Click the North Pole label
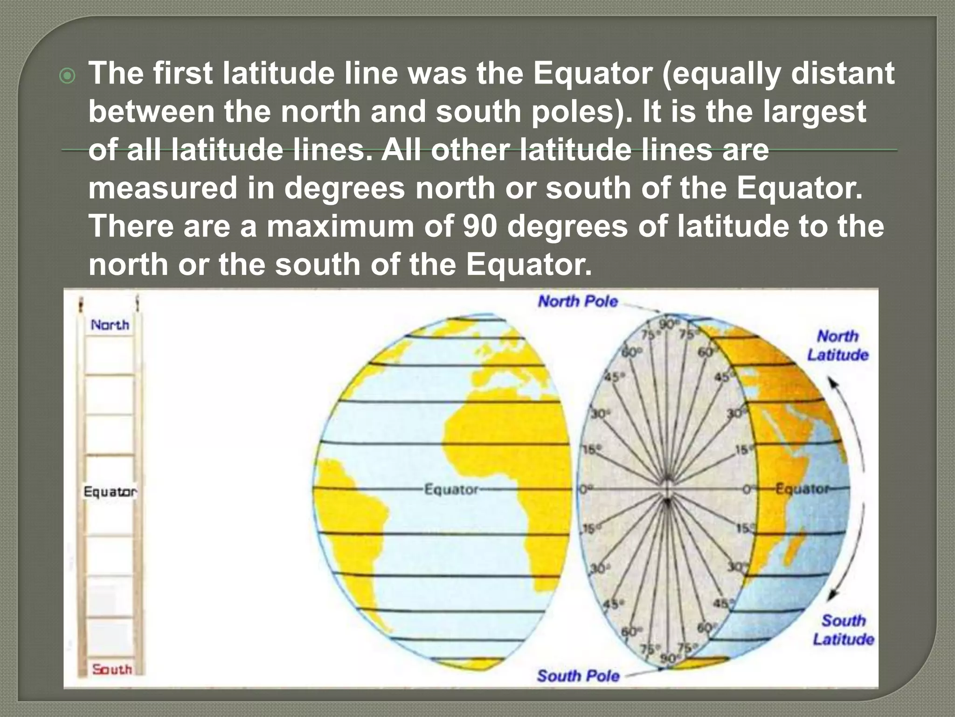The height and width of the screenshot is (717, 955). click(x=578, y=302)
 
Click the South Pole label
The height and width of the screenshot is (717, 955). click(x=578, y=675)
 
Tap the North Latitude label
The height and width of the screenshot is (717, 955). click(x=837, y=345)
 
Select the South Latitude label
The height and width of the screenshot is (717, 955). click(x=843, y=630)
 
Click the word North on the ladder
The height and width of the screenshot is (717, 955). click(x=110, y=325)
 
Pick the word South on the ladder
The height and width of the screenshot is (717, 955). click(x=112, y=669)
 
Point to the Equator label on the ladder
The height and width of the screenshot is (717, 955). click(x=110, y=492)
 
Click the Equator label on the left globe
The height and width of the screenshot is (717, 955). click(x=451, y=490)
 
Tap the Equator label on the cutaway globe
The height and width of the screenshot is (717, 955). click(x=802, y=489)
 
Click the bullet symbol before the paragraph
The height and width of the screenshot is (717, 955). click(x=68, y=76)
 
